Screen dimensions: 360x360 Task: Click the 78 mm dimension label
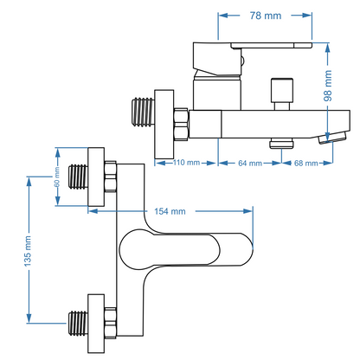pyautogui.click(x=266, y=16)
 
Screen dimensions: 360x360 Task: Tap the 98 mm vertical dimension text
pyautogui.click(x=328, y=86)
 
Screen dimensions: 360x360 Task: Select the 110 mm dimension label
pyautogui.click(x=186, y=163)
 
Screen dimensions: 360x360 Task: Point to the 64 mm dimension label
pyautogui.click(x=250, y=164)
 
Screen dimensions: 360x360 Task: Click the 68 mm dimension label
pyautogui.click(x=306, y=164)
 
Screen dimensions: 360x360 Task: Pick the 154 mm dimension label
pyautogui.click(x=170, y=211)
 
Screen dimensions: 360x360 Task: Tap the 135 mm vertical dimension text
pyautogui.click(x=28, y=251)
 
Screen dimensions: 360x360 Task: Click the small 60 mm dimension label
pyautogui.click(x=57, y=177)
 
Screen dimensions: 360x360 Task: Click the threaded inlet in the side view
pyautogui.click(x=143, y=112)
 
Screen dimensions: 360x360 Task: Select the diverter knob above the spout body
pyautogui.click(x=282, y=93)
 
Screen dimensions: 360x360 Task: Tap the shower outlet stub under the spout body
pyautogui.click(x=281, y=144)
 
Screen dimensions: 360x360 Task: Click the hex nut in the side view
pyautogui.click(x=181, y=125)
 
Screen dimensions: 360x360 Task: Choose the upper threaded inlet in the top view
pyautogui.click(x=78, y=177)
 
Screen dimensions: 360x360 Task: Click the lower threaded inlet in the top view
pyautogui.click(x=78, y=324)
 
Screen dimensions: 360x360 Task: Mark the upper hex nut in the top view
pyautogui.click(x=111, y=177)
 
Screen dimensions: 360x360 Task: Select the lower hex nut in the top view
pyautogui.click(x=111, y=323)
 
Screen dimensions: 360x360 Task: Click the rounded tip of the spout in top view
pyautogui.click(x=248, y=249)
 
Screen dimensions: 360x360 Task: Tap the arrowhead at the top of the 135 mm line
pyautogui.click(x=29, y=182)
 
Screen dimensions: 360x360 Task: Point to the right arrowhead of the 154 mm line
pyautogui.click(x=247, y=211)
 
